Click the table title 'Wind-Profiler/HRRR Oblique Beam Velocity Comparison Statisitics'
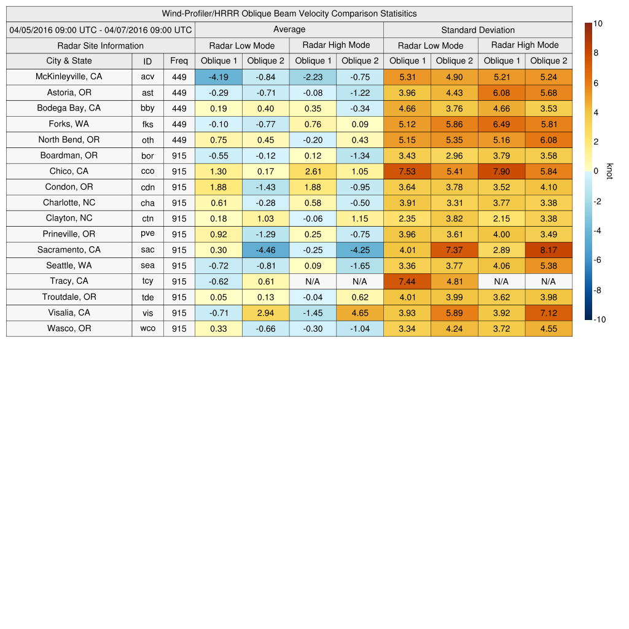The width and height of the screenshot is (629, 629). (289, 14)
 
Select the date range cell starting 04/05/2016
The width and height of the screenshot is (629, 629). (101, 29)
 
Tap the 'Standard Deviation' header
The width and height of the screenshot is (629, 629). (478, 29)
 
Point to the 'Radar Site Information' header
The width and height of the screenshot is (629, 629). (101, 45)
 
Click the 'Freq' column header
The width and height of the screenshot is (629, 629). (179, 61)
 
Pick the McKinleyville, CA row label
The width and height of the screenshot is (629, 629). (69, 77)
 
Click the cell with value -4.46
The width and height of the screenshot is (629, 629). (265, 250)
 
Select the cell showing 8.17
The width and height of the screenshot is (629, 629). (549, 250)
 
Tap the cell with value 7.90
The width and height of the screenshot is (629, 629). (501, 171)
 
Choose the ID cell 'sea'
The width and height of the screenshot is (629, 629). (147, 266)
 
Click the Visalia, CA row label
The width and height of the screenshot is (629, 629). (69, 313)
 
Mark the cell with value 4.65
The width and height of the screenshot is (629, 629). (359, 313)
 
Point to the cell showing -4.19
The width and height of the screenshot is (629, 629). (219, 77)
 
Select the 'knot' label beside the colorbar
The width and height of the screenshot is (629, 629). (609, 171)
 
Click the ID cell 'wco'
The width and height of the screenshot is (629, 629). (147, 329)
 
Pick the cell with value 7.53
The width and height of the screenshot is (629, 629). (407, 171)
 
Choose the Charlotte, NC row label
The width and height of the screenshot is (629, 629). (69, 203)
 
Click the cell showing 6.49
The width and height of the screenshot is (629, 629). (501, 124)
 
